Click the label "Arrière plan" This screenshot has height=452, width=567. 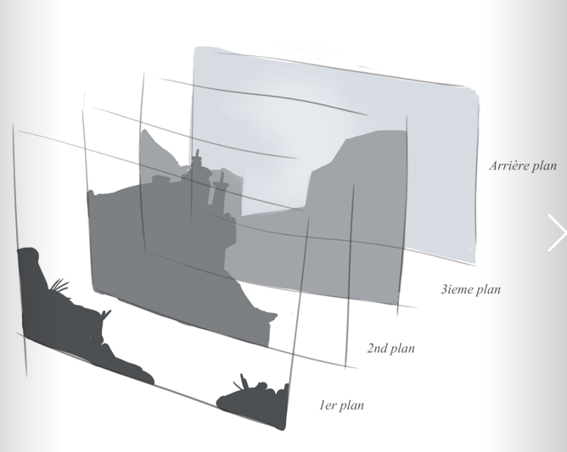(523, 165)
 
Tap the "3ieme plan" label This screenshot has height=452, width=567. (471, 289)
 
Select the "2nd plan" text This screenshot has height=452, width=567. (391, 349)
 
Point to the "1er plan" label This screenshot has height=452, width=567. (341, 405)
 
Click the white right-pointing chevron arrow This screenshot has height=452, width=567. (557, 232)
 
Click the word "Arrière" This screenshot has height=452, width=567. (506, 165)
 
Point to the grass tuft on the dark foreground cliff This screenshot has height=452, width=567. (59, 285)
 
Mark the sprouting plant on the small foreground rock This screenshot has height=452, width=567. (242, 382)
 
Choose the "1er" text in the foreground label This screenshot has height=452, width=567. (327, 405)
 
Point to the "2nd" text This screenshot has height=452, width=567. (377, 348)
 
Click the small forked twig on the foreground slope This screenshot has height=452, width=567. (106, 315)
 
